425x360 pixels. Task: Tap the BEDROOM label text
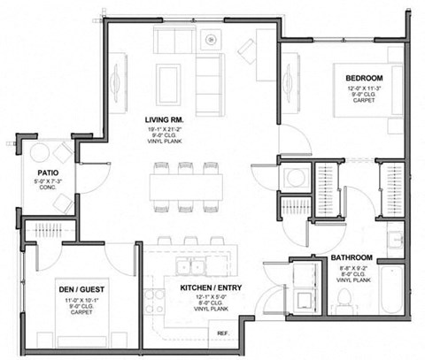362,77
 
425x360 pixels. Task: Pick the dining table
185,187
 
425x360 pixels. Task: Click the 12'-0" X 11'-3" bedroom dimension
362,87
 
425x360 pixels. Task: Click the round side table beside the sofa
211,40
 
